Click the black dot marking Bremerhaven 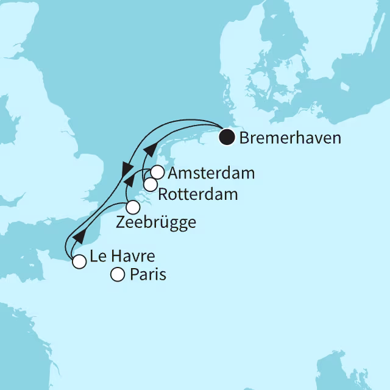227,138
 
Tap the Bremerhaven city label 290,138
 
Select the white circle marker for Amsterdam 157,172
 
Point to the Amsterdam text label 210,174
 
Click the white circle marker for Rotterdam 150,185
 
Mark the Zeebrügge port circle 132,207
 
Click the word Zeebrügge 155,222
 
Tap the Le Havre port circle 79,262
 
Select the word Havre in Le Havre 129,257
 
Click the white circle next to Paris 117,275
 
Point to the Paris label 147,275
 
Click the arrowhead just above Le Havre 78,236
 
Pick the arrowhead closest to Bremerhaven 147,150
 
